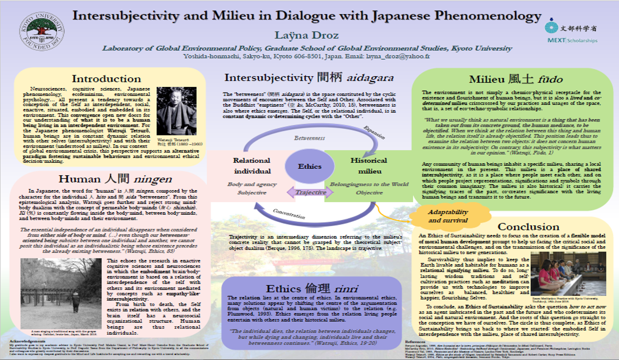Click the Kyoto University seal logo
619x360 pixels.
(x=41, y=33)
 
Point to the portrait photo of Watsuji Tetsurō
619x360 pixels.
(x=176, y=111)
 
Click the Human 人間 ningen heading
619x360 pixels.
(x=116, y=179)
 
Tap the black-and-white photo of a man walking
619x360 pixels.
(x=61, y=293)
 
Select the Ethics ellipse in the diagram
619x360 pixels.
(x=309, y=166)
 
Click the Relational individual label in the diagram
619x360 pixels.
(x=252, y=165)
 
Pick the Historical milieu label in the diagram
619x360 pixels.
(x=369, y=165)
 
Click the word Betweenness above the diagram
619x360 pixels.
(x=309, y=138)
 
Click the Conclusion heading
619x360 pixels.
(x=528, y=227)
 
